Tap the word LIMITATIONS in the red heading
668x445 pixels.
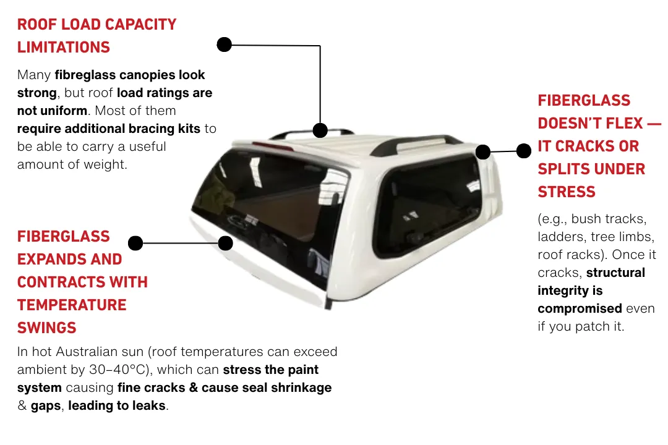click(x=64, y=47)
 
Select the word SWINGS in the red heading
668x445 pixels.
click(x=47, y=328)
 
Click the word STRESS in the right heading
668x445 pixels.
click(x=566, y=192)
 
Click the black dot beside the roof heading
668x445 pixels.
click(x=224, y=44)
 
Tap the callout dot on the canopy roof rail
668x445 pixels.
click(x=320, y=130)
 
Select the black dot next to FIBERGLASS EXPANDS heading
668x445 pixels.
click(x=135, y=243)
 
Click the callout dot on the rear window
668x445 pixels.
click(x=225, y=243)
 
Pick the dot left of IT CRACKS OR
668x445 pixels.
click(x=524, y=151)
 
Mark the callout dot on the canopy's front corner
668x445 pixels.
click(x=482, y=152)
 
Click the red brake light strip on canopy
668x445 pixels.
click(x=273, y=146)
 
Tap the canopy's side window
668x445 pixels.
click(x=426, y=206)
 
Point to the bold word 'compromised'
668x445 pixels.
click(x=580, y=308)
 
